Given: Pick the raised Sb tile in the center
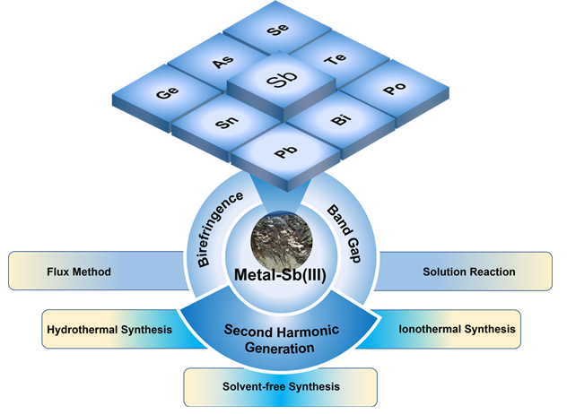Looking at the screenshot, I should tap(278, 82).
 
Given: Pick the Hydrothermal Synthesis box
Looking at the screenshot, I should tap(109, 329).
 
